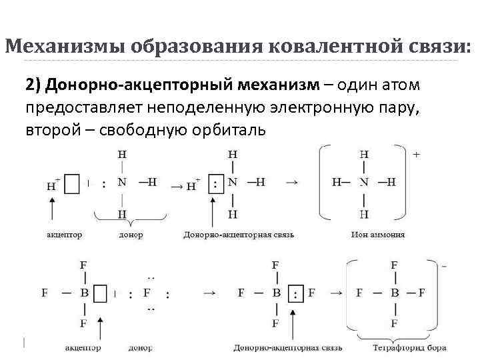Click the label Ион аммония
pyautogui.click(x=377, y=235)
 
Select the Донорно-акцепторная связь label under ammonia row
pyautogui.click(x=239, y=235)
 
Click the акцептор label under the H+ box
pyautogui.click(x=65, y=235)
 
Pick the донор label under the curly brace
pyautogui.click(x=130, y=235)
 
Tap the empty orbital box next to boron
pyautogui.click(x=101, y=293)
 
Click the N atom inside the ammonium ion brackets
pyautogui.click(x=364, y=181)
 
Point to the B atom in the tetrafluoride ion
pyautogui.click(x=395, y=293)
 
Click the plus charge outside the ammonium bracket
pyautogui.click(x=417, y=154)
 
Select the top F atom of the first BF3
pyautogui.click(x=83, y=265)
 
